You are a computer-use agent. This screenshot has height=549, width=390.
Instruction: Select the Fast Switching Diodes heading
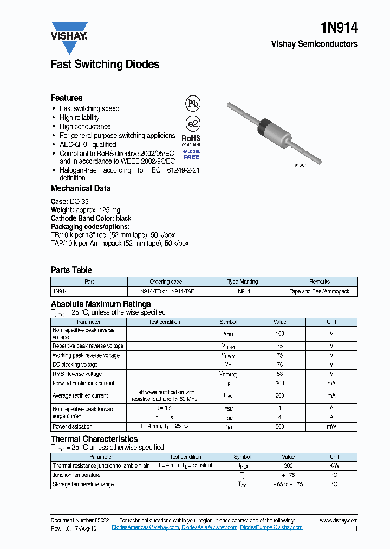[x=105, y=65]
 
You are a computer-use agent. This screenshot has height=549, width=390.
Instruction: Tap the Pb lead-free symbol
[x=192, y=104]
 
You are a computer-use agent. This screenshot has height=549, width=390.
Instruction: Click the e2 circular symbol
[x=192, y=123]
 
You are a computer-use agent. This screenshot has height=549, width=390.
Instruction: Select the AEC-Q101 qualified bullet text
[x=88, y=145]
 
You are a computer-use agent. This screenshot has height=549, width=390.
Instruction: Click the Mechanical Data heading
[x=81, y=189]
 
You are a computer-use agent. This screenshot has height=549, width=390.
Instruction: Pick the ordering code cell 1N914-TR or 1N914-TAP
[x=166, y=291]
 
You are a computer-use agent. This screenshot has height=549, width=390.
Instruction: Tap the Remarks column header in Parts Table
[x=319, y=282]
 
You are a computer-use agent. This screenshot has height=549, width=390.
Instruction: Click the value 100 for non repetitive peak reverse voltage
[x=279, y=334]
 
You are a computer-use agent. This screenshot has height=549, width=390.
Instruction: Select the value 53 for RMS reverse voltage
[x=279, y=374]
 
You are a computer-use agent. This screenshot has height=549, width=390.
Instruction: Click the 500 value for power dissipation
[x=279, y=427]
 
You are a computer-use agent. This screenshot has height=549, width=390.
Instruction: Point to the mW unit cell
[x=331, y=427]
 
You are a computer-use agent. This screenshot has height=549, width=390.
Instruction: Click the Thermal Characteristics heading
[x=94, y=439]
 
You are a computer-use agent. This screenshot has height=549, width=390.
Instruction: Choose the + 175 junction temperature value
[x=288, y=475]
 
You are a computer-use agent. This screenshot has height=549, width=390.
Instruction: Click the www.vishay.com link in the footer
[x=339, y=520]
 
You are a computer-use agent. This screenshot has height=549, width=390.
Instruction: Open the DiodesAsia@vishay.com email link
[x=209, y=527]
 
